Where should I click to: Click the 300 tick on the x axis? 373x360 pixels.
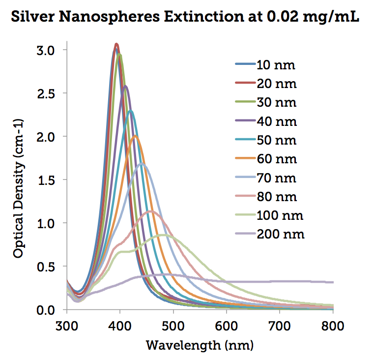67,324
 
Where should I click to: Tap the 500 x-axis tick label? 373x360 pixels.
173,324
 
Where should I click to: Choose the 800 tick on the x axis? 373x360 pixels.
333,324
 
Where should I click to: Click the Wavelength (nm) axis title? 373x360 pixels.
199,345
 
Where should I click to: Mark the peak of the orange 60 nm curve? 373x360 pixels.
135,136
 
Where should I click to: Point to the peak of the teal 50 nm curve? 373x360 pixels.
130,111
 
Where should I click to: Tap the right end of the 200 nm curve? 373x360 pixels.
333,282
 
